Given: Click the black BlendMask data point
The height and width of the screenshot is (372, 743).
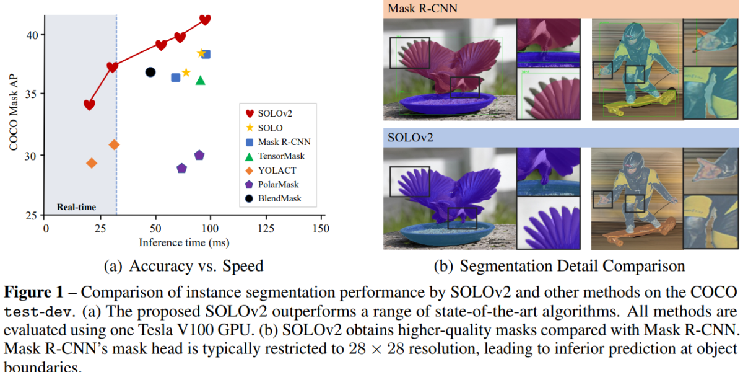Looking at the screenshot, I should click(150, 73).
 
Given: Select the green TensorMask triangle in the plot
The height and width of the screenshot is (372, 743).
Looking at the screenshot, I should click(200, 80).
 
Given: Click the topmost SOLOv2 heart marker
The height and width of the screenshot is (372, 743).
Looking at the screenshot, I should click(205, 20).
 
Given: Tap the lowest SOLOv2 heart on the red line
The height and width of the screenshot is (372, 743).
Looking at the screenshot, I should click(89, 105).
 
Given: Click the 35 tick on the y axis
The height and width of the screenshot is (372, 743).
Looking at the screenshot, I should click(35, 94).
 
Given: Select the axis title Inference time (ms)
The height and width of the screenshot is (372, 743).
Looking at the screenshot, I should click(184, 242).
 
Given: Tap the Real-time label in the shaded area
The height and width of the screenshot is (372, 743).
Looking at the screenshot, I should click(76, 207).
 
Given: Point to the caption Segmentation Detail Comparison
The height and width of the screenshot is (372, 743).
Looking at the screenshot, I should click(572, 267).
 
